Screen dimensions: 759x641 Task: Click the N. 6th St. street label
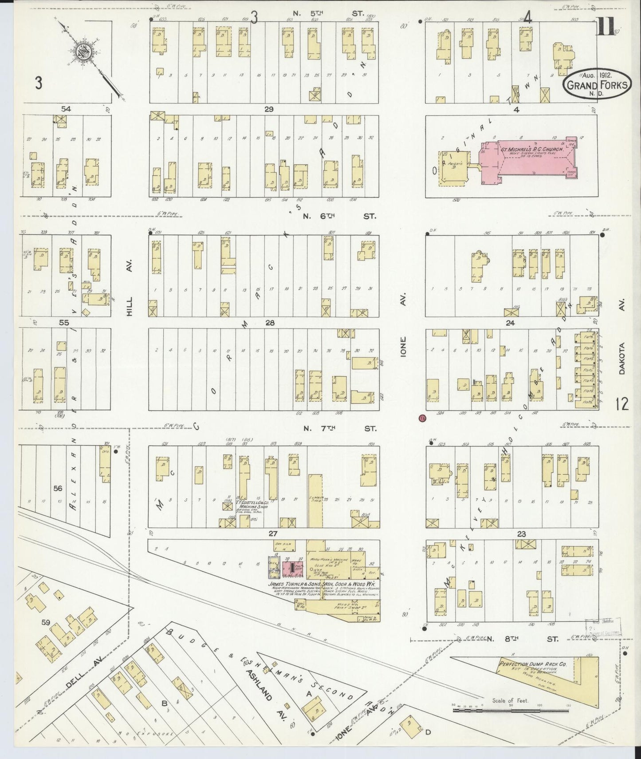pos(340,216)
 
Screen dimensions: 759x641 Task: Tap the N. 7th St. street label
pos(340,429)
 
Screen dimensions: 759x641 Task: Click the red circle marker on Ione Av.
pos(422,418)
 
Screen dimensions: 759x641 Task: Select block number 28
pos(269,323)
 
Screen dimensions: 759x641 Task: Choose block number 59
pos(46,622)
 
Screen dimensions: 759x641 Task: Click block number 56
pos(58,488)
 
